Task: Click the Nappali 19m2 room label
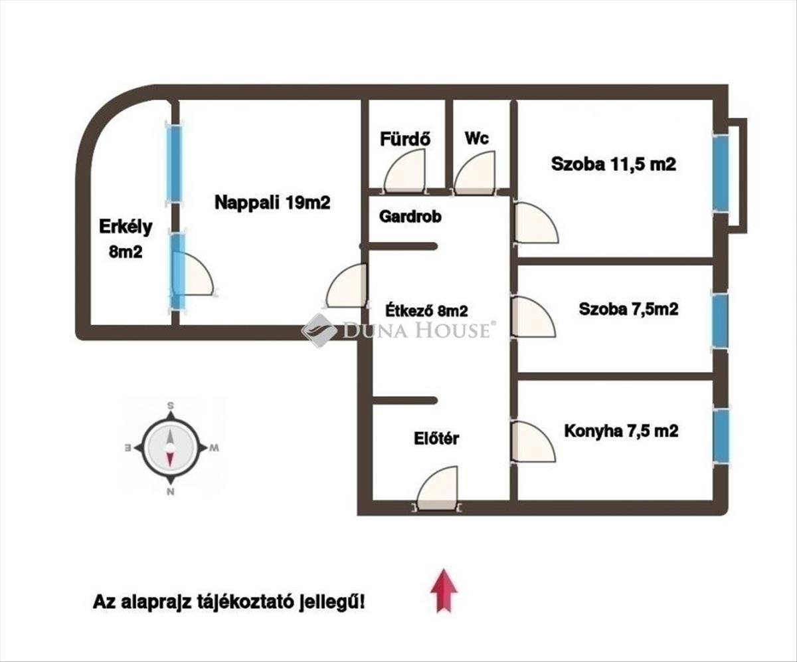pos(272,203)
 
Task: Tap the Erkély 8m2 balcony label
pos(126,239)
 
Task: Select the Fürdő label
pos(405,139)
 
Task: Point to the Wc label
pos(477,138)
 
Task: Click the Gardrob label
pos(410,217)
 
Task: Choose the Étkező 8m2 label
pos(426,310)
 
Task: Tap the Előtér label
pos(436,439)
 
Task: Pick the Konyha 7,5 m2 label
pos(621,431)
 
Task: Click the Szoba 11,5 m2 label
pos(614,165)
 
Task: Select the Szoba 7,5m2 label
pos(629,309)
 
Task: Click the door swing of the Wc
pos(474,172)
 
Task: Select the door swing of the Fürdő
pos(404,171)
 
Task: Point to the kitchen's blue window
pos(720,436)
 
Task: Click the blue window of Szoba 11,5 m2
pos(721,172)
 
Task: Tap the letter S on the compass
pos(171,405)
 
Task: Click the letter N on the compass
pos(171,492)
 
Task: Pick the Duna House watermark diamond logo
pos(319,330)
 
